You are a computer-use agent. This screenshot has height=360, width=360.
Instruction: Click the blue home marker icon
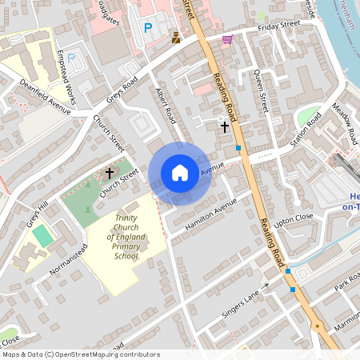180,173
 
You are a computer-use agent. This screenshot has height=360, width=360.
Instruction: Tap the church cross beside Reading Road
225,126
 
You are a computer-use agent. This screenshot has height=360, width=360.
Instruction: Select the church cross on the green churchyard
110,172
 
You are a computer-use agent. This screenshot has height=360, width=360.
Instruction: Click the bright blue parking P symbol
147,28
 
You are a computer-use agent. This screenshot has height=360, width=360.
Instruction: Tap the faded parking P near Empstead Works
71,58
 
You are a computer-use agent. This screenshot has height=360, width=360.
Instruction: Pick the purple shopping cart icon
228,38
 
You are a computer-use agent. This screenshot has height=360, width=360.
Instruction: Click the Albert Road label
165,105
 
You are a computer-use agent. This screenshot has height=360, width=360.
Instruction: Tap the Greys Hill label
38,214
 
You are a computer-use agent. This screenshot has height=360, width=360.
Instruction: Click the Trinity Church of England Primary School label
126,236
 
